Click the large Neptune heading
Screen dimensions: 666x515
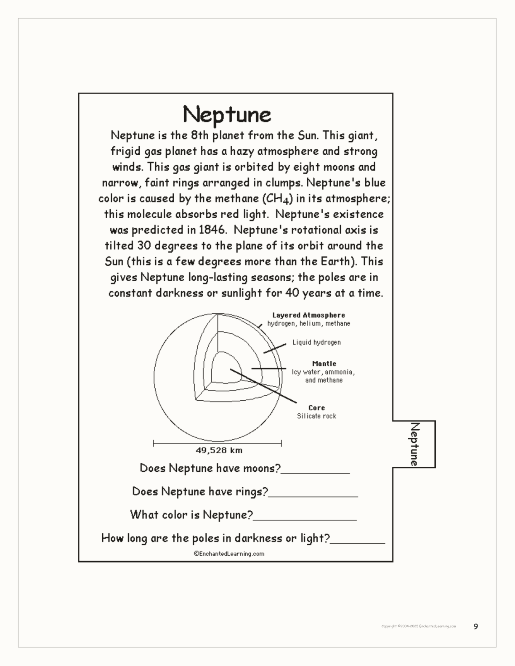227,114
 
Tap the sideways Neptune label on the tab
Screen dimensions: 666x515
414,444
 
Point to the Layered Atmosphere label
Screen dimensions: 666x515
308,315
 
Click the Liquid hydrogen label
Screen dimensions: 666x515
316,342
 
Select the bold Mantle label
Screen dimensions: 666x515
324,364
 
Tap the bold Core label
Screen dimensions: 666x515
316,408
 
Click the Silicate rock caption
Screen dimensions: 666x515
316,416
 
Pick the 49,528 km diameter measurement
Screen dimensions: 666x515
219,450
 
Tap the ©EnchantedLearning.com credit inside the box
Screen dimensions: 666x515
229,554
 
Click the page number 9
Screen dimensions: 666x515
476,626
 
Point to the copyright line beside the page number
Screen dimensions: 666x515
418,626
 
